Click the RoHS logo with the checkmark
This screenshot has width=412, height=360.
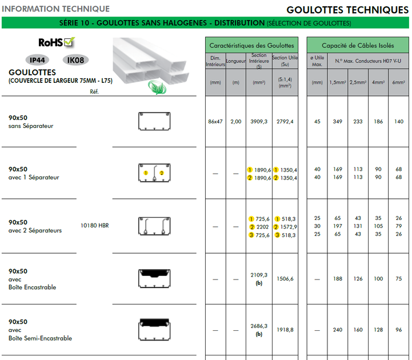click(57, 42)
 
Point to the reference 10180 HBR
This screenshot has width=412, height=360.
click(94, 226)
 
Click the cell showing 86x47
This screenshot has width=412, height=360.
click(215, 122)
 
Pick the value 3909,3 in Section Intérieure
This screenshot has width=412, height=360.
click(259, 122)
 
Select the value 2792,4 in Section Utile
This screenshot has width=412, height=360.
click(285, 122)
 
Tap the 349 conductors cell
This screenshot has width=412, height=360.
click(338, 122)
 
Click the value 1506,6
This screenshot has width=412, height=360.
click(285, 279)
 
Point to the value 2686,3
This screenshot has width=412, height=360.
click(259, 326)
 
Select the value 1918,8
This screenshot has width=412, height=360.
click(285, 330)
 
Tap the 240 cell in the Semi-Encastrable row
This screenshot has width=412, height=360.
click(338, 330)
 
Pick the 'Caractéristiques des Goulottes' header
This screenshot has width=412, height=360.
click(251, 45)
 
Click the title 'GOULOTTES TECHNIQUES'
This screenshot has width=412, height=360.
click(347, 10)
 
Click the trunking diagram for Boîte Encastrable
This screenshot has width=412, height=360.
click(154, 278)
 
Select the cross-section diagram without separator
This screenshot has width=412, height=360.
click(154, 122)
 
